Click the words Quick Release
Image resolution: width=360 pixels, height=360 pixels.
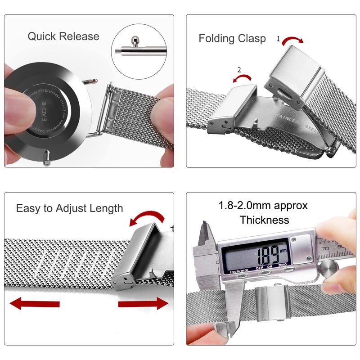(x=63, y=36)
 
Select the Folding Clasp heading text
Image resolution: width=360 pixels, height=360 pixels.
(x=232, y=39)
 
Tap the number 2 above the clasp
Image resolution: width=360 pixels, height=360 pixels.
(x=239, y=70)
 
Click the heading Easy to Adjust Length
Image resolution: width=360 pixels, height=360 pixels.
(x=69, y=208)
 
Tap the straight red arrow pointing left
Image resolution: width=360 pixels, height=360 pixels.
(x=34, y=304)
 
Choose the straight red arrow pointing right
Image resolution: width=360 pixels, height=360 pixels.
(x=143, y=304)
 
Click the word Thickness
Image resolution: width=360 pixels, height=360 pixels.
(x=264, y=220)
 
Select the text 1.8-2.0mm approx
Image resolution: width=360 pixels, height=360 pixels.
(x=263, y=206)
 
